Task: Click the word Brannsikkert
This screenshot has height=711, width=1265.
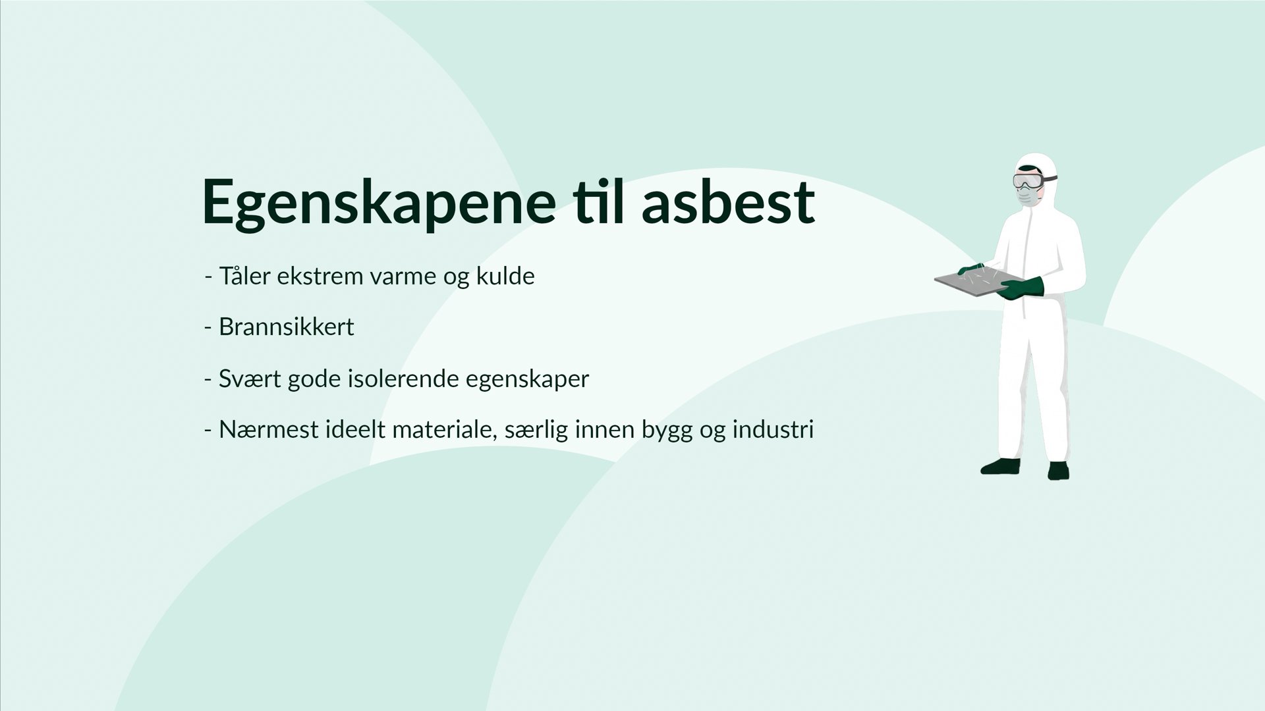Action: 287,327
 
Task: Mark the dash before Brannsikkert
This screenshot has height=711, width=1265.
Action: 208,327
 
